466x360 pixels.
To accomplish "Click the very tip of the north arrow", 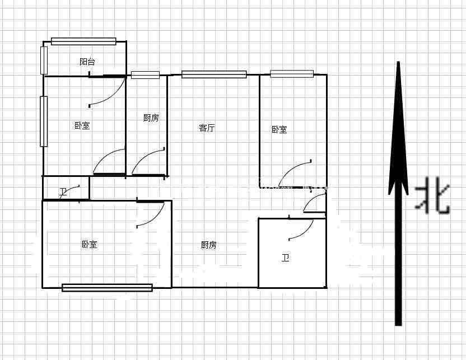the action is (x=398, y=62).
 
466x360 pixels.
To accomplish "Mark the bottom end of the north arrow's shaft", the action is (x=398, y=325).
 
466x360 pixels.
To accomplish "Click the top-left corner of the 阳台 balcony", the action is (x=44, y=41).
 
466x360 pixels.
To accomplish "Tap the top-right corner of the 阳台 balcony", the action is (x=127, y=41).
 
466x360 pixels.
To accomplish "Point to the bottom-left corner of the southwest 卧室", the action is (x=43, y=288).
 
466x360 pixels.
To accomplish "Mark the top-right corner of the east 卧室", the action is (x=327, y=75).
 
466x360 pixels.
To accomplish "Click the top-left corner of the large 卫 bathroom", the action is (x=259, y=219).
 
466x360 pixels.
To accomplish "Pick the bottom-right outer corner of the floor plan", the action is (x=327, y=288).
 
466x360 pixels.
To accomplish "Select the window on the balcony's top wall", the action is (x=83, y=41).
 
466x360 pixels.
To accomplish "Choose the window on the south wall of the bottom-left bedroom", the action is (x=108, y=288).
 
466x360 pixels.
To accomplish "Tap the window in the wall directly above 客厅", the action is (x=214, y=74).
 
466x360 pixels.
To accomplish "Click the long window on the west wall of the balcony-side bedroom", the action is (x=44, y=121).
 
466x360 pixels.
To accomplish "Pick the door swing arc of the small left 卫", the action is (x=69, y=191).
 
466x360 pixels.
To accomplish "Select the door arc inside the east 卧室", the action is (x=295, y=173).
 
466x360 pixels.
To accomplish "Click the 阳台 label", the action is (x=87, y=62).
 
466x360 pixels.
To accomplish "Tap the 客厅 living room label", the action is (x=207, y=128).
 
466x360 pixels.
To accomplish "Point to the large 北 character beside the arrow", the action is (x=433, y=195).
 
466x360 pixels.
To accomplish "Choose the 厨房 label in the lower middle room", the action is (x=208, y=245).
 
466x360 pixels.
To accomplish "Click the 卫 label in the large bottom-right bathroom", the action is (x=286, y=258).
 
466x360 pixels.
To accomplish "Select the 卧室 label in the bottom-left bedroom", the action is (x=90, y=245).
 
